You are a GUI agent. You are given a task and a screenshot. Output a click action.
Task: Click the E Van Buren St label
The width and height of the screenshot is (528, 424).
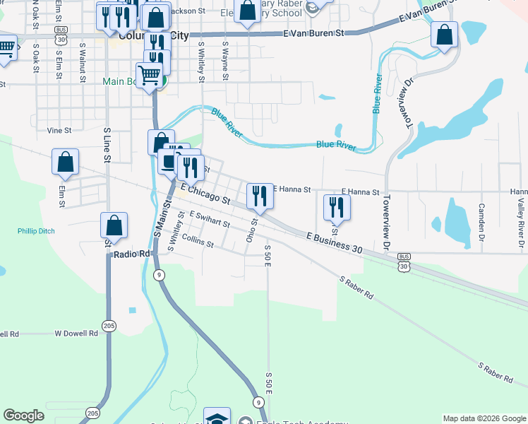[x=313, y=33]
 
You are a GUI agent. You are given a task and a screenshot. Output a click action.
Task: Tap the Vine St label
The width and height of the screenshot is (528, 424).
[x=59, y=131]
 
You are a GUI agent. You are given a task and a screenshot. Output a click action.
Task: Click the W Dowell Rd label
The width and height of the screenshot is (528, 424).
[x=76, y=333]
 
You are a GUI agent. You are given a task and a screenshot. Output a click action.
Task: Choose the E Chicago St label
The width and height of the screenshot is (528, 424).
[x=206, y=195]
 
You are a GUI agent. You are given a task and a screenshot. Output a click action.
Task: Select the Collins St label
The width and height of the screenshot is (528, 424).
[x=198, y=242]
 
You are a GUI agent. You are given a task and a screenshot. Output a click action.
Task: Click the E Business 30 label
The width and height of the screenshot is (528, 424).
[x=335, y=240]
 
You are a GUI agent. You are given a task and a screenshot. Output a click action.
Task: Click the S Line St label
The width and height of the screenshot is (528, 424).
[x=107, y=146]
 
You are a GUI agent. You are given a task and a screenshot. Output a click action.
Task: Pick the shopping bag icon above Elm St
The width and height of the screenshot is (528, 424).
[x=65, y=161]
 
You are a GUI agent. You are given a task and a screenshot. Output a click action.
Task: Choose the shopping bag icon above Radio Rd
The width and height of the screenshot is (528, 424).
[x=114, y=225]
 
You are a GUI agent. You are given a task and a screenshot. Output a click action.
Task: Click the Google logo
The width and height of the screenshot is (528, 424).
[x=24, y=416]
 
